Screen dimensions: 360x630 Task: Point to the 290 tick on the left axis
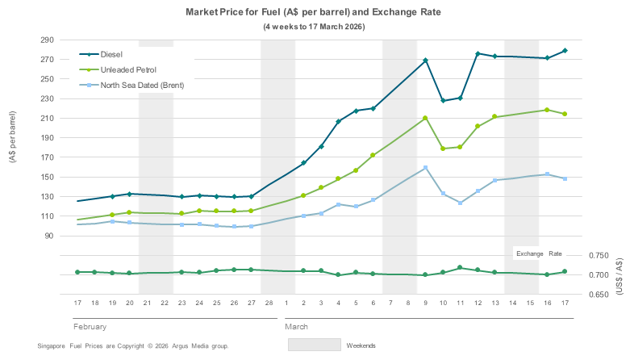pos(46,40)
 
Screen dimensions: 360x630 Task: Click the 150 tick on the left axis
pos(46,177)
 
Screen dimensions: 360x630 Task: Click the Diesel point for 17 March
pos(565,51)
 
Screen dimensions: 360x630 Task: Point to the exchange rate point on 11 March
pos(460,267)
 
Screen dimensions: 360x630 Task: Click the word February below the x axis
pos(90,328)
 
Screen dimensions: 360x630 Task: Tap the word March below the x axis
pos(296,328)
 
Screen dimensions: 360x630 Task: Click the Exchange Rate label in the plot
pos(540,253)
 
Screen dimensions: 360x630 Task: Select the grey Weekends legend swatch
pos(314,345)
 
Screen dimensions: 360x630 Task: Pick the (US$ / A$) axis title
pos(619,275)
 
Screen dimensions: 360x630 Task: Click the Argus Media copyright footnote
pos(133,345)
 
